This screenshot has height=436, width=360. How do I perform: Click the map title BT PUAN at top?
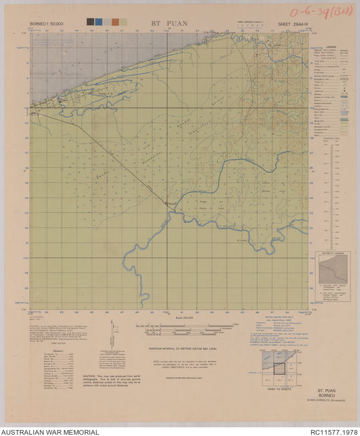coord(170,23)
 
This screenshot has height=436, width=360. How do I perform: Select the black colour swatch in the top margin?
coord(91,22)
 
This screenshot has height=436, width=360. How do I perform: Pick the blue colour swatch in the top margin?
coord(99,22)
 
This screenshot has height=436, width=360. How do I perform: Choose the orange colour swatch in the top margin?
coord(116,22)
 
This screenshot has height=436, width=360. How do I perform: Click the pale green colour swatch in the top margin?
coord(124,22)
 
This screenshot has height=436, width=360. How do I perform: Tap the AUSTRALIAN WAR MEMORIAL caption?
coord(50,431)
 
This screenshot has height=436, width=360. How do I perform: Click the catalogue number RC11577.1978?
coord(333,431)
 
